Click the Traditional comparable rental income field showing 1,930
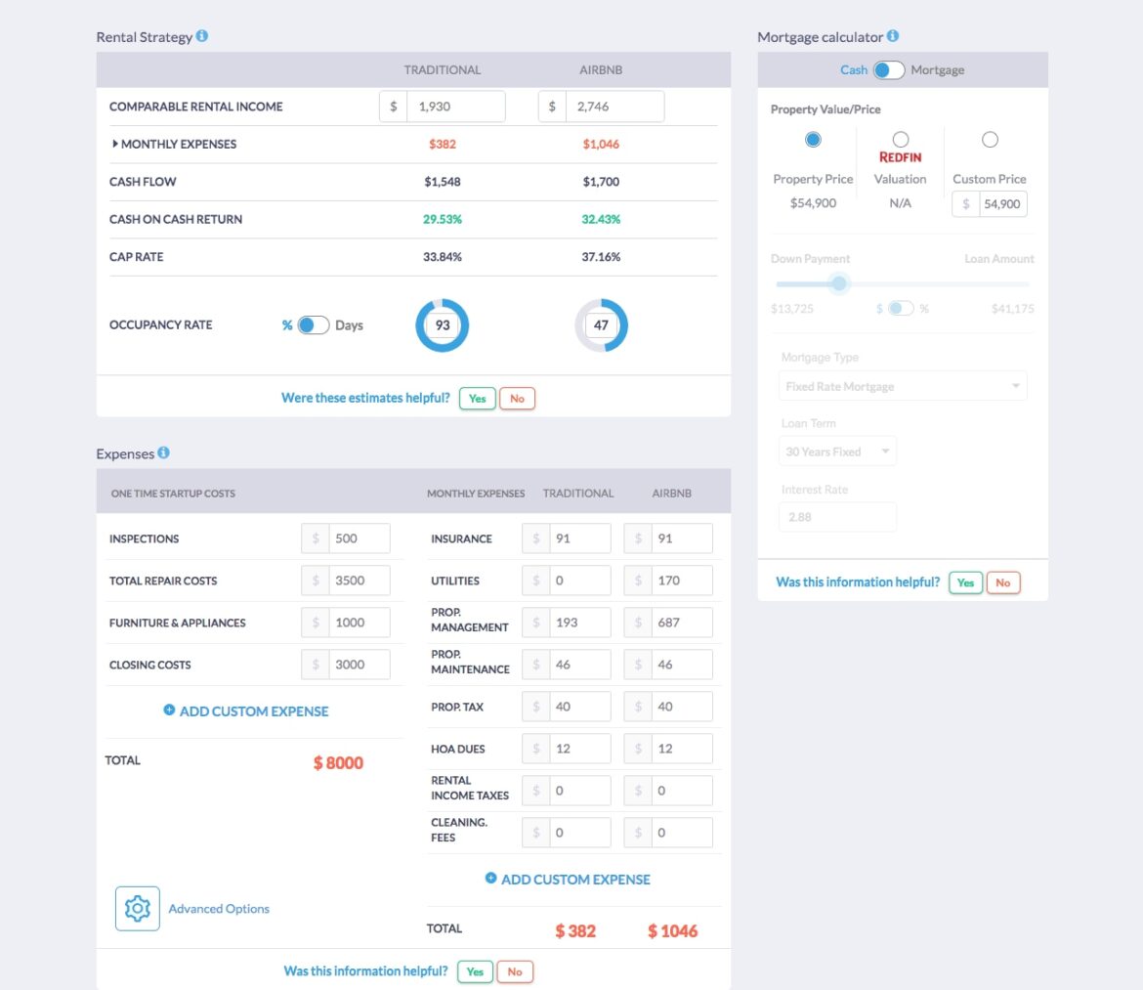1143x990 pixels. click(454, 107)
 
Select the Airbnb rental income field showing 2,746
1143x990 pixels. click(614, 107)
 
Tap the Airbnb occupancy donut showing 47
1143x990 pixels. click(601, 325)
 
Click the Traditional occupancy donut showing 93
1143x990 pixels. click(443, 325)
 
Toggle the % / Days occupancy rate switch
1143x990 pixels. click(313, 325)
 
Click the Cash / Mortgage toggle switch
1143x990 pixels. click(888, 70)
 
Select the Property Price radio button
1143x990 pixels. click(813, 140)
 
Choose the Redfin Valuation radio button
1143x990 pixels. click(900, 140)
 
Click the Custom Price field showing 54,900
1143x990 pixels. click(1001, 204)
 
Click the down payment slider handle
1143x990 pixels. click(838, 284)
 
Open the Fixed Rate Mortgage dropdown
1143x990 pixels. click(903, 386)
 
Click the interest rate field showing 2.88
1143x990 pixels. click(837, 517)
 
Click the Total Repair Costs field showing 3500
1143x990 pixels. click(358, 581)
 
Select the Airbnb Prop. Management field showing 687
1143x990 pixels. click(681, 623)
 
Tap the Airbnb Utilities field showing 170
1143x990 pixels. click(681, 581)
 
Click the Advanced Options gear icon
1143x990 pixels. click(138, 908)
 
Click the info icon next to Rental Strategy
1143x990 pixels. click(202, 36)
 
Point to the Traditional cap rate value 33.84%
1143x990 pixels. click(443, 257)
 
